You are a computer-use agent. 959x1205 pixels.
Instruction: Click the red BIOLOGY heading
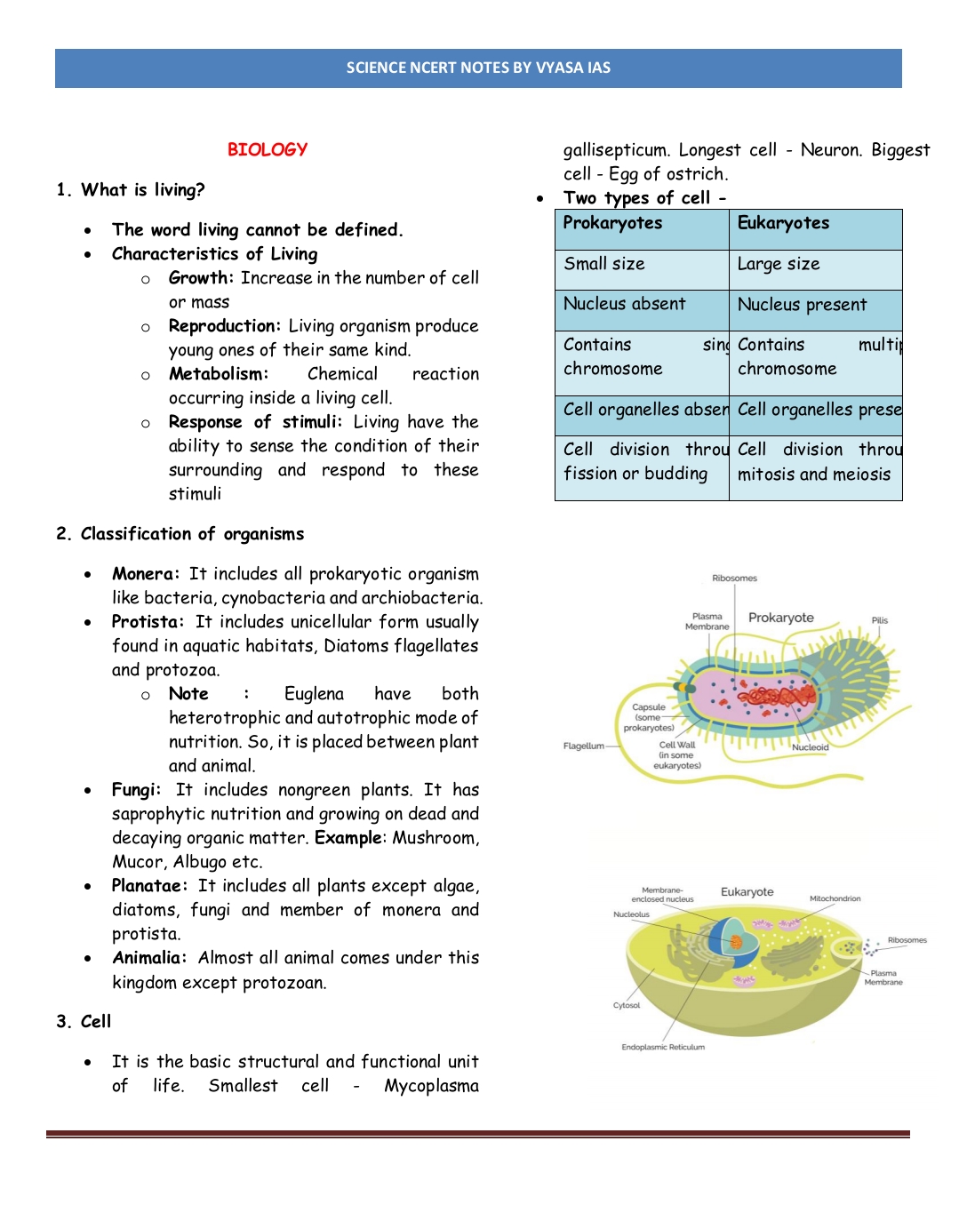click(267, 149)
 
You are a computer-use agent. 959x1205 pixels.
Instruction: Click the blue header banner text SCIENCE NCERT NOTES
click(478, 68)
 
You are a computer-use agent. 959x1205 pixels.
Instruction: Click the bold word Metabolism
click(217, 374)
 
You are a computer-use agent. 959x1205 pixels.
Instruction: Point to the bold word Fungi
click(135, 790)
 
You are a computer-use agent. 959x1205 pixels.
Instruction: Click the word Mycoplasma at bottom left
click(431, 1086)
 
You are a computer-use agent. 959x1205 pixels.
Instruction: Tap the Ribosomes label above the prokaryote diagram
click(734, 579)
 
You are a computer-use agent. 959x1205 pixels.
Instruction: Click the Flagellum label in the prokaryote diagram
click(583, 746)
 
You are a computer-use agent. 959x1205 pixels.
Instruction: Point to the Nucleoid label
click(810, 747)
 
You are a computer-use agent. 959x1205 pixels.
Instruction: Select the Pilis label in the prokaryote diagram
click(879, 620)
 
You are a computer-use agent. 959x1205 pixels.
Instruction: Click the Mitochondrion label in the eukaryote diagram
click(835, 898)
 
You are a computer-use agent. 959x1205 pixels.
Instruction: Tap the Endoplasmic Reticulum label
click(663, 1047)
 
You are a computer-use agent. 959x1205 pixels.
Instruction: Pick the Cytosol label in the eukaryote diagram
click(626, 1005)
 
